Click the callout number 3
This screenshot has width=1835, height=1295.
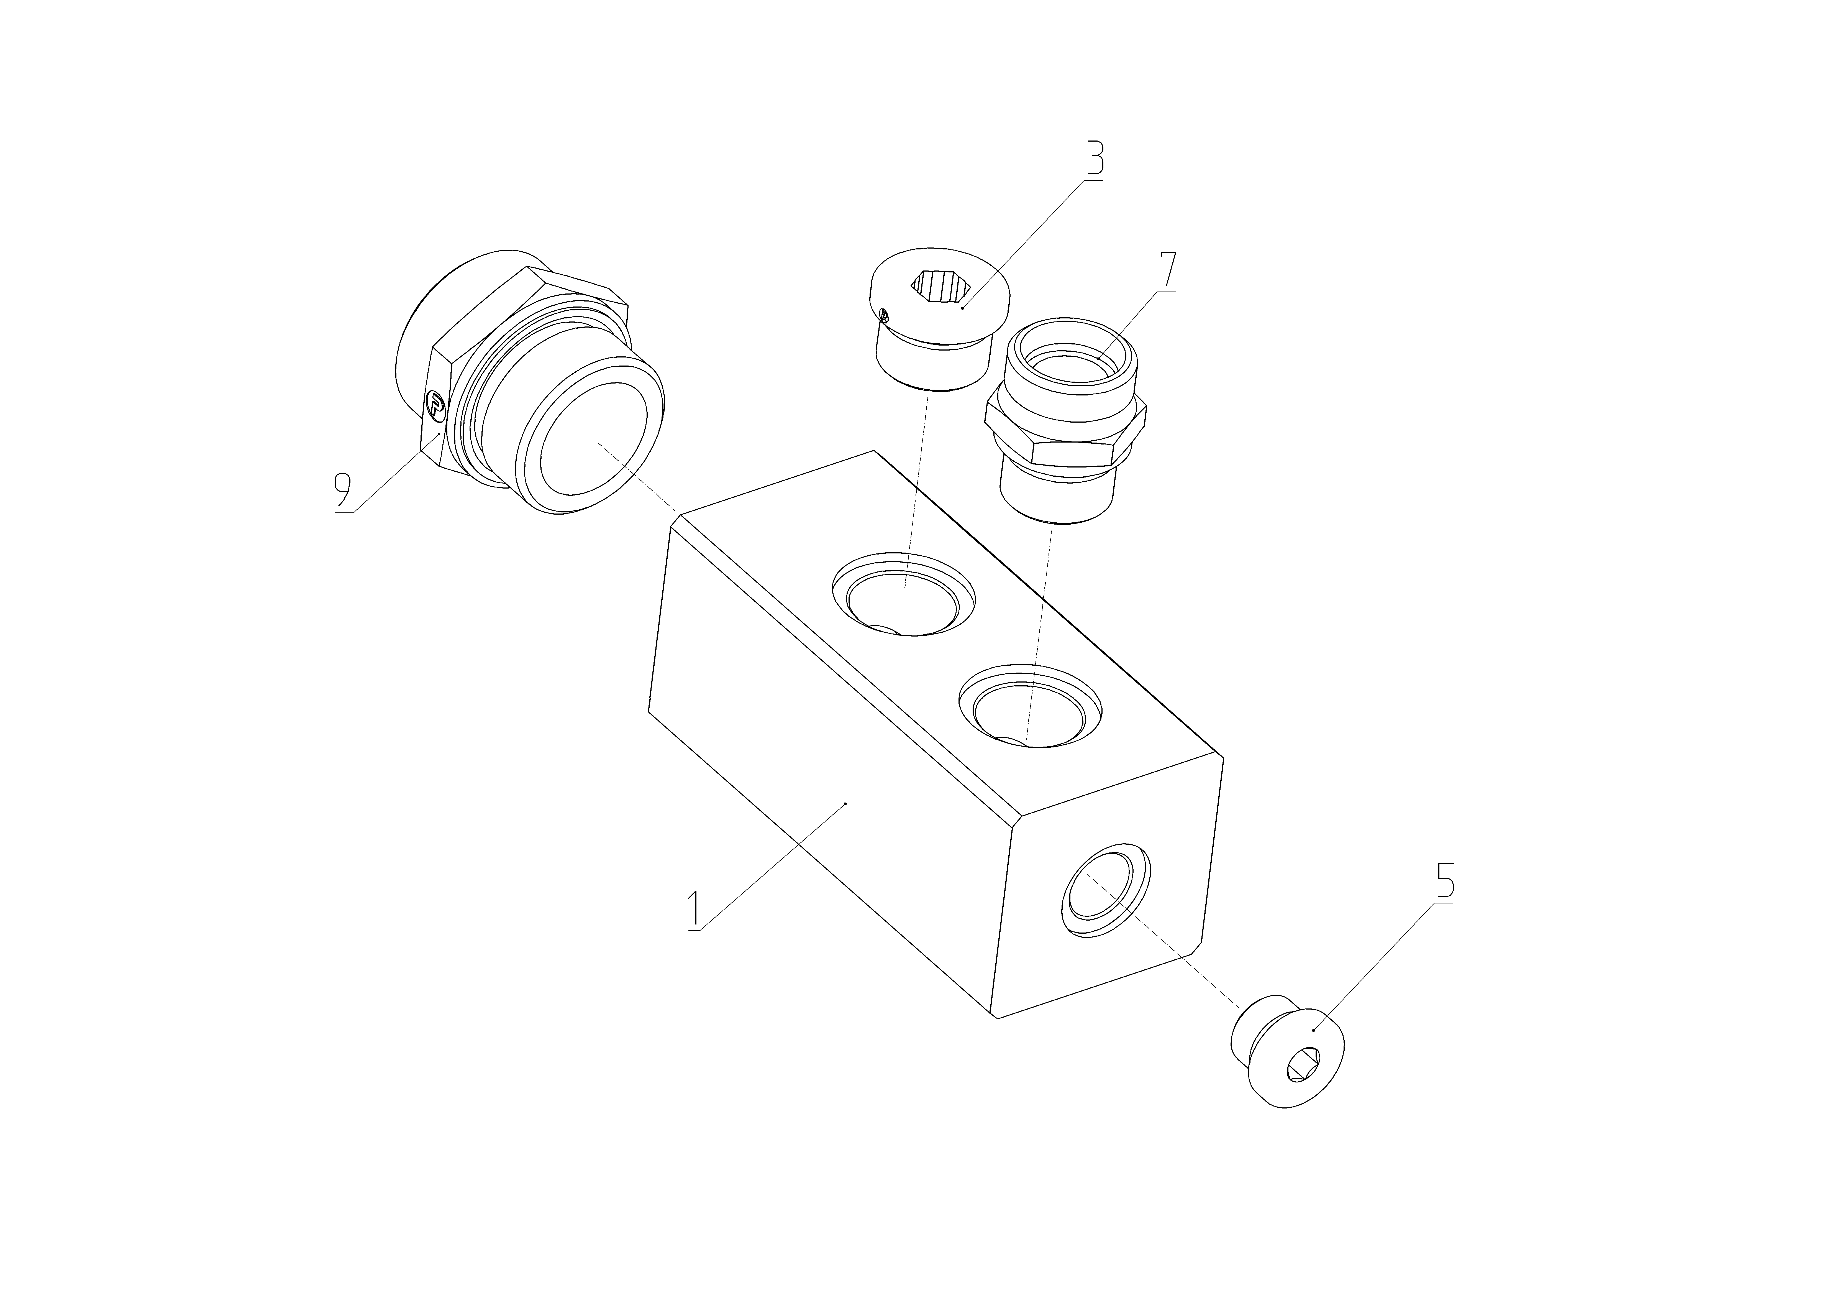click(1094, 158)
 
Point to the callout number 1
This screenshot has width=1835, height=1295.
click(695, 910)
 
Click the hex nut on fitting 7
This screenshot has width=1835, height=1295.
click(1066, 432)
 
